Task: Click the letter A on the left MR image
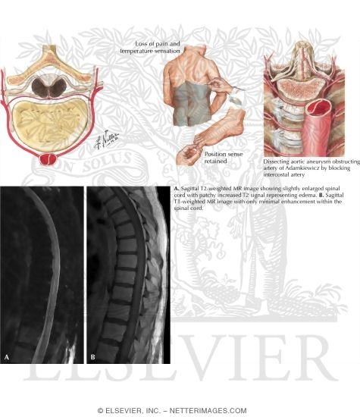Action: pyautogui.click(x=7, y=357)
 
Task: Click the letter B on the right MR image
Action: pyautogui.click(x=92, y=357)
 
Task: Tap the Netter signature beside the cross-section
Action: pyautogui.click(x=106, y=140)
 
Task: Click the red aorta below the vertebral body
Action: pyautogui.click(x=48, y=159)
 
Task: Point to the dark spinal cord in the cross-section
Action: pyautogui.click(x=49, y=87)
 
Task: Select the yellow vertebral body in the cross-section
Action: pyautogui.click(x=50, y=124)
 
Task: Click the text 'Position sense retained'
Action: pyautogui.click(x=223, y=158)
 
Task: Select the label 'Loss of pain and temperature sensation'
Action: pyautogui.click(x=150, y=47)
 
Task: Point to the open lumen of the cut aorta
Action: pyautogui.click(x=318, y=106)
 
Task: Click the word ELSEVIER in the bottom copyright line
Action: pyautogui.click(x=121, y=411)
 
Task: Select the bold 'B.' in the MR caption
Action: pyautogui.click(x=321, y=195)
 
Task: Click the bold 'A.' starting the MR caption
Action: pyautogui.click(x=177, y=189)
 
